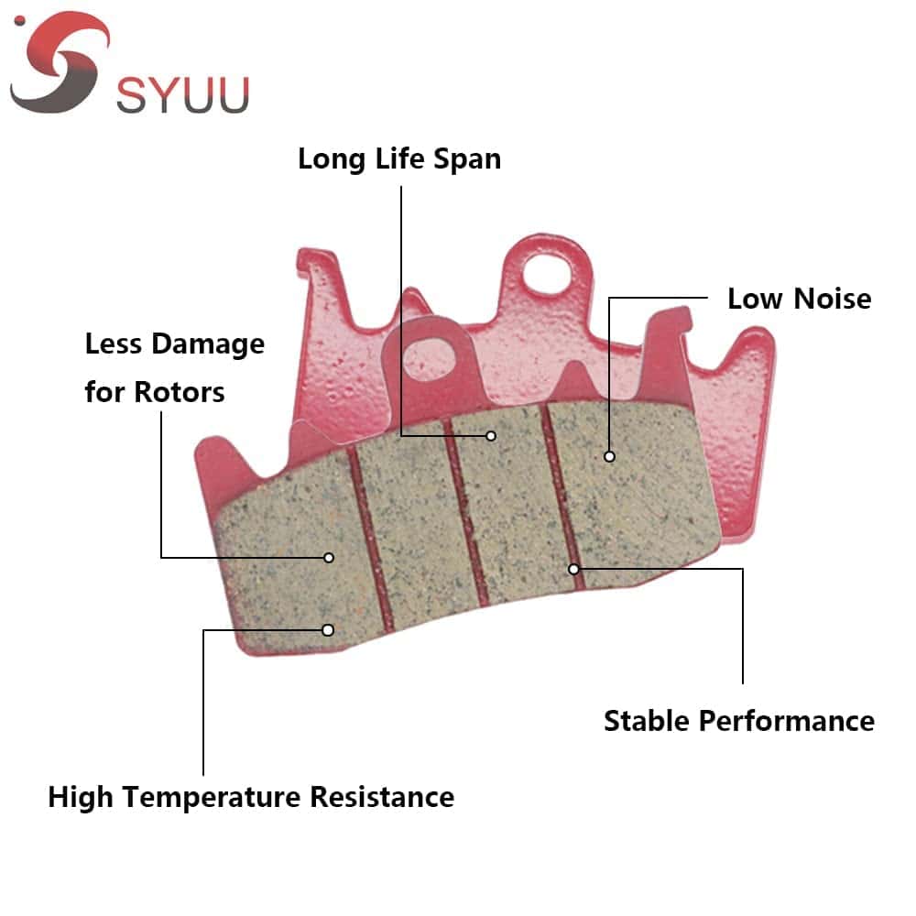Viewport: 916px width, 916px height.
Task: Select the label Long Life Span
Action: (x=399, y=158)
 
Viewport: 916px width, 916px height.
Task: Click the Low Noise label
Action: (x=799, y=299)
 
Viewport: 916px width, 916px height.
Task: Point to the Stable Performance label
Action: (x=738, y=721)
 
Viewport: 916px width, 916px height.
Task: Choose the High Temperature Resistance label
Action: (x=251, y=797)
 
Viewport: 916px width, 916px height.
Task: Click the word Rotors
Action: (x=180, y=392)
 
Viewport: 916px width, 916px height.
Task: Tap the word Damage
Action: (x=208, y=344)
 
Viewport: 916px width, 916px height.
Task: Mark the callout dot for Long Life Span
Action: (x=492, y=436)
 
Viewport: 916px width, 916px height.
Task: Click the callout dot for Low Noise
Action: (x=609, y=455)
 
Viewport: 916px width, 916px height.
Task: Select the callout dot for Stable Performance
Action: (x=574, y=569)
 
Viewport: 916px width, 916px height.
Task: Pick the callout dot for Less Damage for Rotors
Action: (x=329, y=557)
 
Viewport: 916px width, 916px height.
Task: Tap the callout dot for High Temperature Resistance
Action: (x=327, y=629)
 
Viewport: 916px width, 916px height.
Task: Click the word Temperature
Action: (x=213, y=797)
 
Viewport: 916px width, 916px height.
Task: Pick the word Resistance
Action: (x=381, y=797)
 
